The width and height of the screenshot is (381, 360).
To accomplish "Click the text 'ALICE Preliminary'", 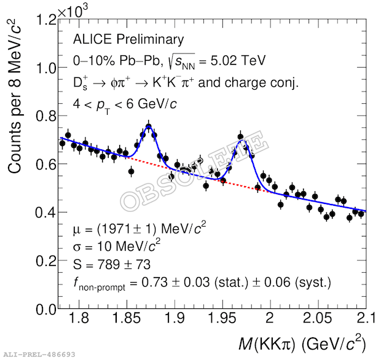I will (x=128, y=40).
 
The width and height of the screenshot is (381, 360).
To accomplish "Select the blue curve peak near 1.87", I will (x=149, y=126).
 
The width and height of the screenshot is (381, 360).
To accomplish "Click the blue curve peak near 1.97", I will (x=242, y=141).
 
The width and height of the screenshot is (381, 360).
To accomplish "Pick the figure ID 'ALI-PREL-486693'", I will (x=39, y=354).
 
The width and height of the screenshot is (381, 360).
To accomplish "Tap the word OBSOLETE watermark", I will (x=194, y=171).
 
